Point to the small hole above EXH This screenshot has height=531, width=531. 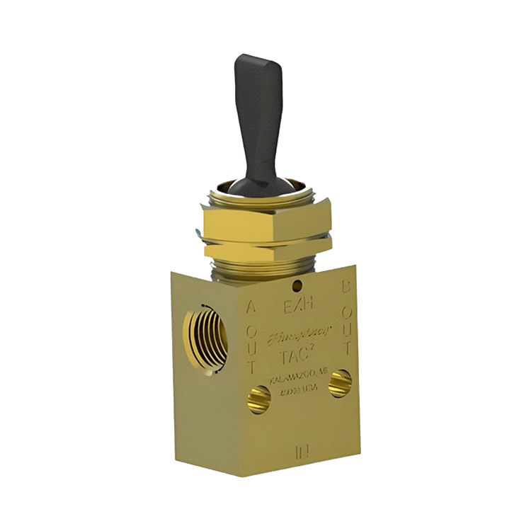(x=298, y=286)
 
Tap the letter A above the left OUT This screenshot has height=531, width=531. (x=250, y=307)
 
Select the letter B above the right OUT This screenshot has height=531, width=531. (x=347, y=287)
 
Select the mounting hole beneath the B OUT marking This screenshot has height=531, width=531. (x=340, y=382)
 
